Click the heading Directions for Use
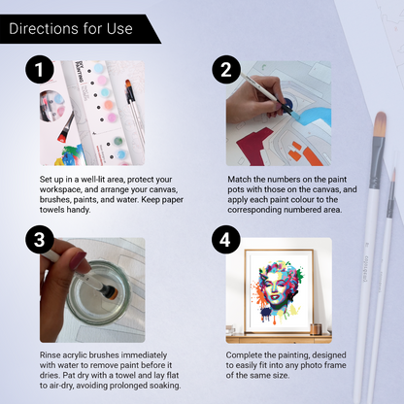[x=71, y=28]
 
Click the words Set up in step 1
[x=52, y=180]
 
